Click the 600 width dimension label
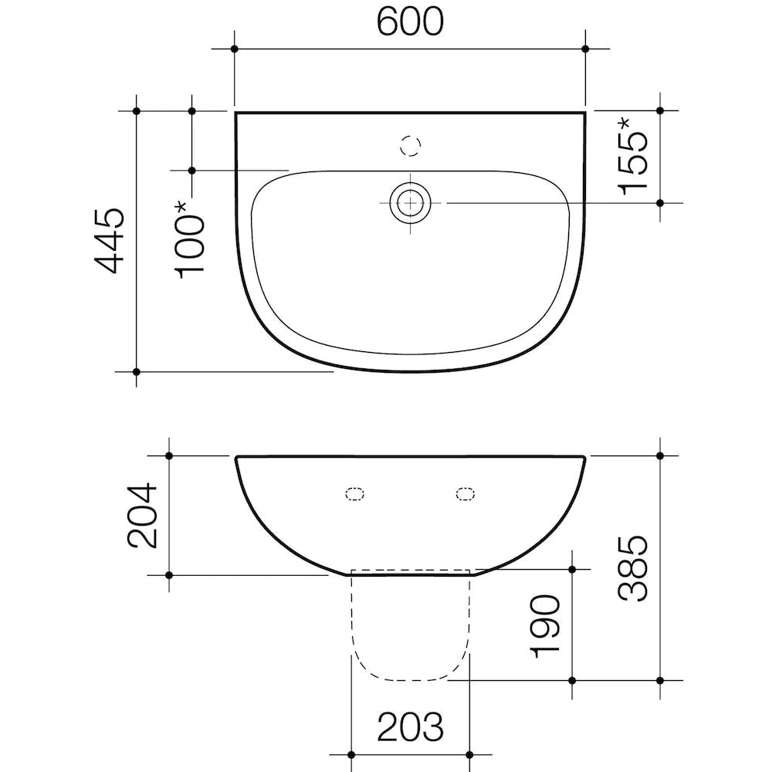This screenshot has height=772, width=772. [x=410, y=23]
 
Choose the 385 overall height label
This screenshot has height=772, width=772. [x=634, y=567]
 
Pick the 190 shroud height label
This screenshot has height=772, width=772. [x=547, y=625]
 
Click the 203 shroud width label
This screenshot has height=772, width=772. [x=410, y=726]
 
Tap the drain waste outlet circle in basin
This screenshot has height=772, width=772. [x=411, y=203]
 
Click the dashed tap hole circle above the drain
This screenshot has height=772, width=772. [x=411, y=144]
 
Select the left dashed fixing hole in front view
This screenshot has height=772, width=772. [x=355, y=494]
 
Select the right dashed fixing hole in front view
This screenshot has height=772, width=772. [x=465, y=494]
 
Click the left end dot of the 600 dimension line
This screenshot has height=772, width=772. [x=235, y=49]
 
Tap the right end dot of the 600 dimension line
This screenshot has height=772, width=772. [x=585, y=49]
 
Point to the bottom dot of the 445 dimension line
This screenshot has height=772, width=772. [x=137, y=372]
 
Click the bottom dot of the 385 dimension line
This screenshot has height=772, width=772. [x=660, y=681]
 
